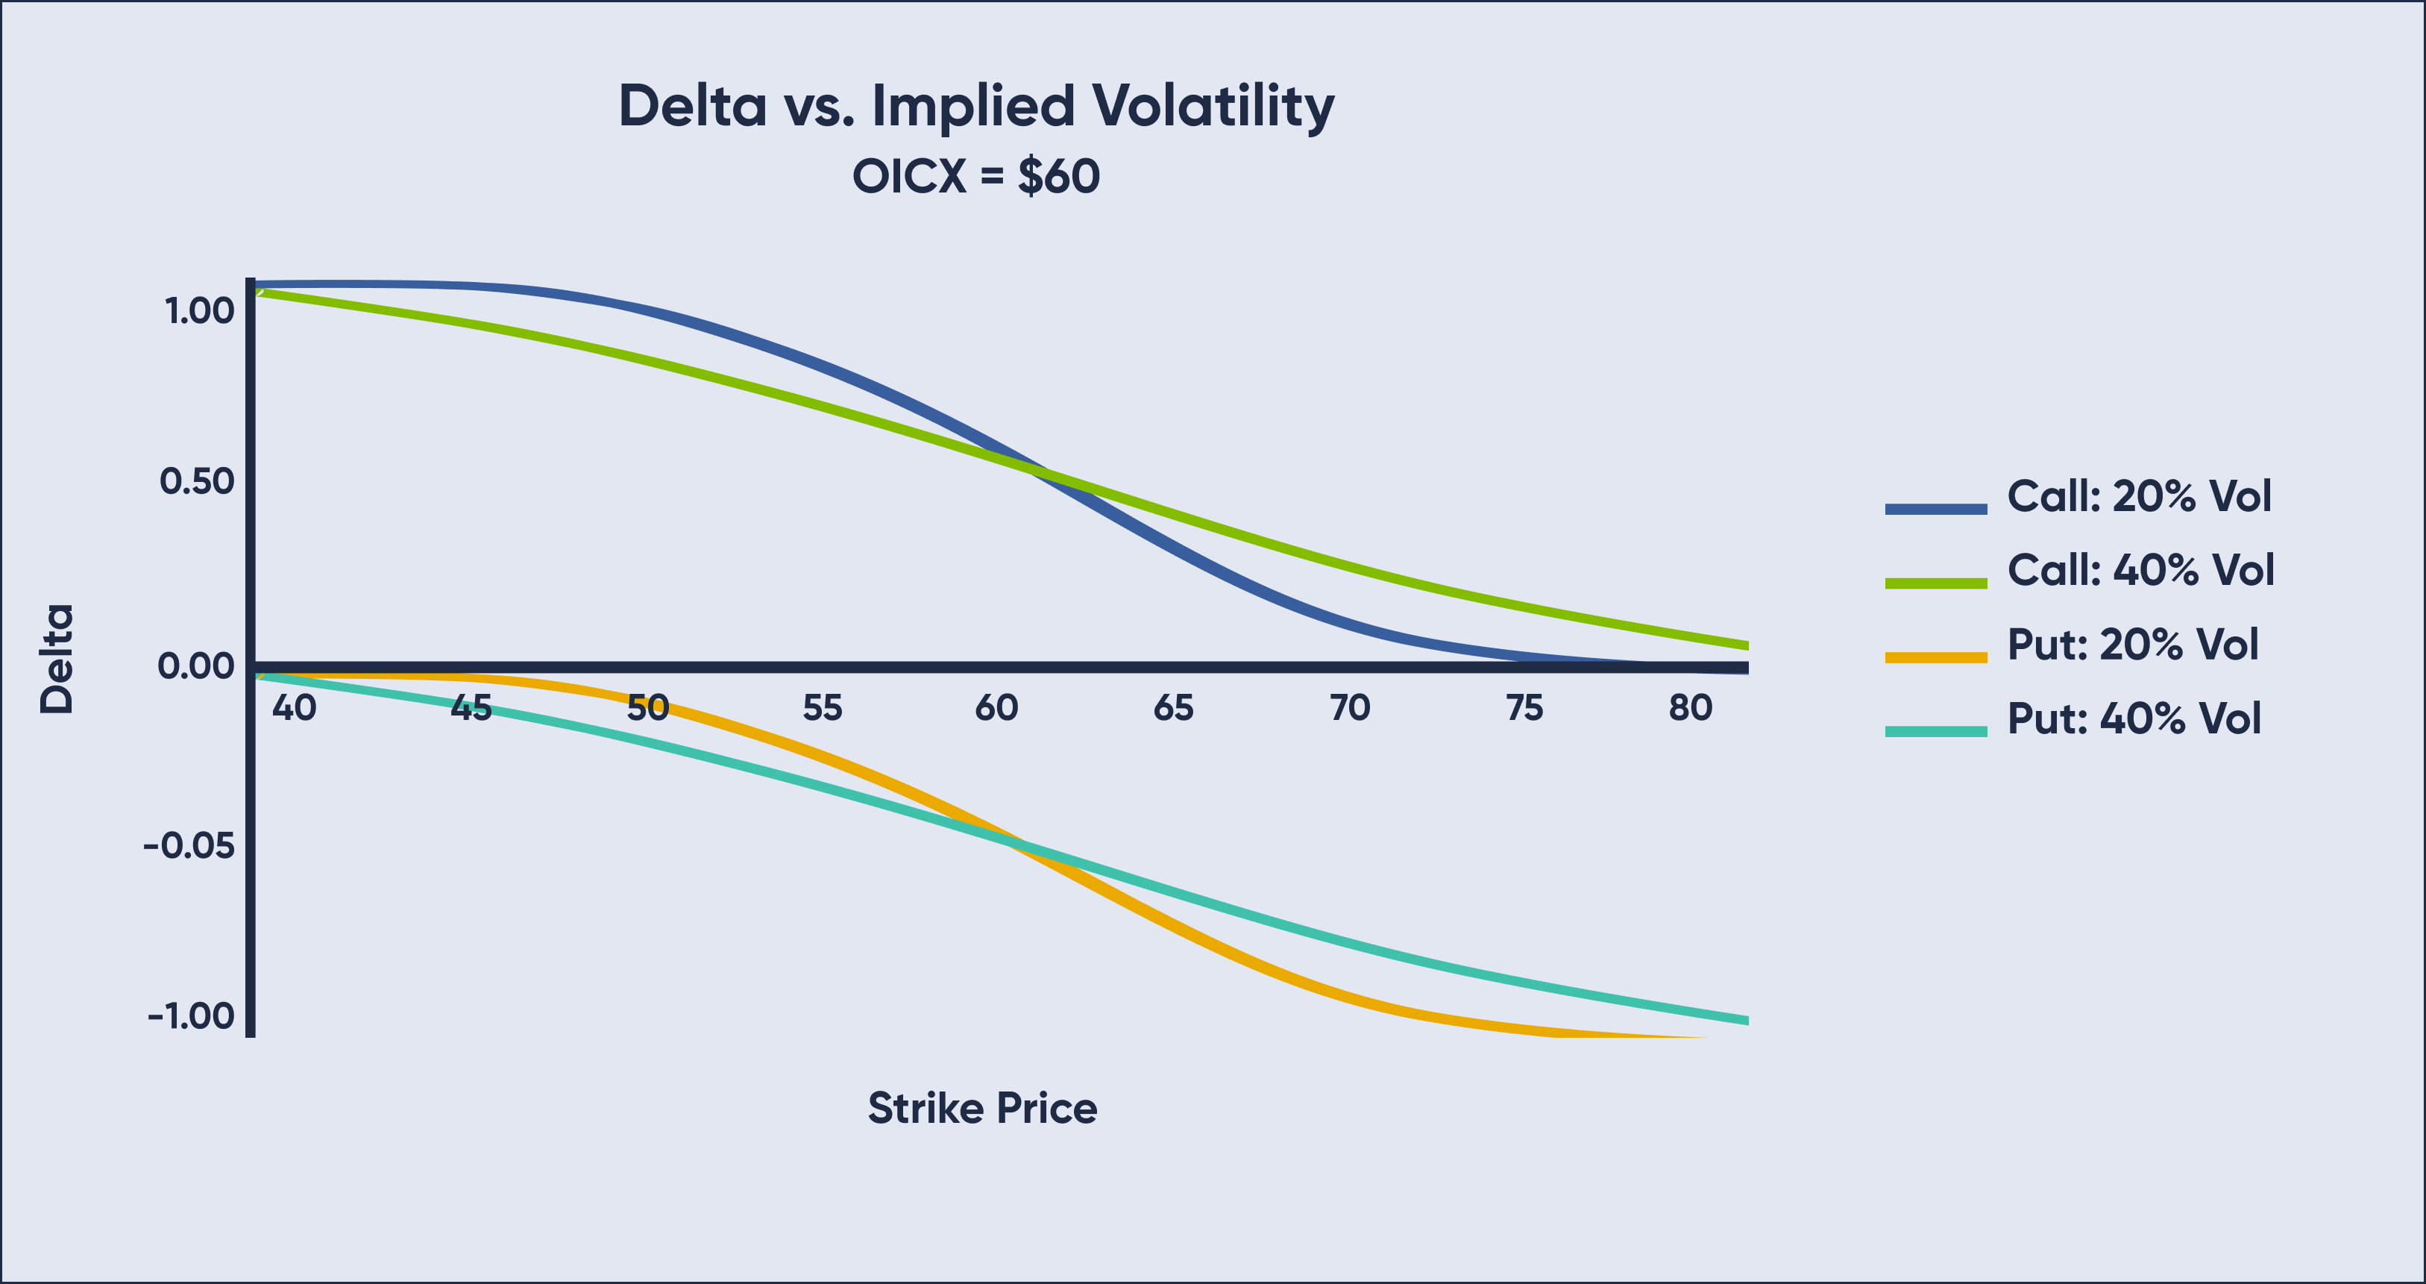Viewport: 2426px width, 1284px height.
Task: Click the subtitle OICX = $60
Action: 975,176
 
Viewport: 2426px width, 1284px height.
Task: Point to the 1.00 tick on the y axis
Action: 200,311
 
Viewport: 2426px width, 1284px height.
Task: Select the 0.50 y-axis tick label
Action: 197,481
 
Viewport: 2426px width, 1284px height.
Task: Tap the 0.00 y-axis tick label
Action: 196,666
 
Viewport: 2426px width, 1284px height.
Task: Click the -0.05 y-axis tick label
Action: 189,845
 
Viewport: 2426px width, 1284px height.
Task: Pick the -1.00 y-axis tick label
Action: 191,1015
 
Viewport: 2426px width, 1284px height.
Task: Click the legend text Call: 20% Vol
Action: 2139,496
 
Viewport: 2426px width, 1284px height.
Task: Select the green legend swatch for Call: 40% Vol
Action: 1935,583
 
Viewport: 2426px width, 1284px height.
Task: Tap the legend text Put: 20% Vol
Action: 2132,645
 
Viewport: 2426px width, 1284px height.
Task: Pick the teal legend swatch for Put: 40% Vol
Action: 1935,731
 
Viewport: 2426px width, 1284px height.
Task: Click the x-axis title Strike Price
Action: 982,1108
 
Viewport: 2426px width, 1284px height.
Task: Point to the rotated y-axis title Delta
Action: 57,659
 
